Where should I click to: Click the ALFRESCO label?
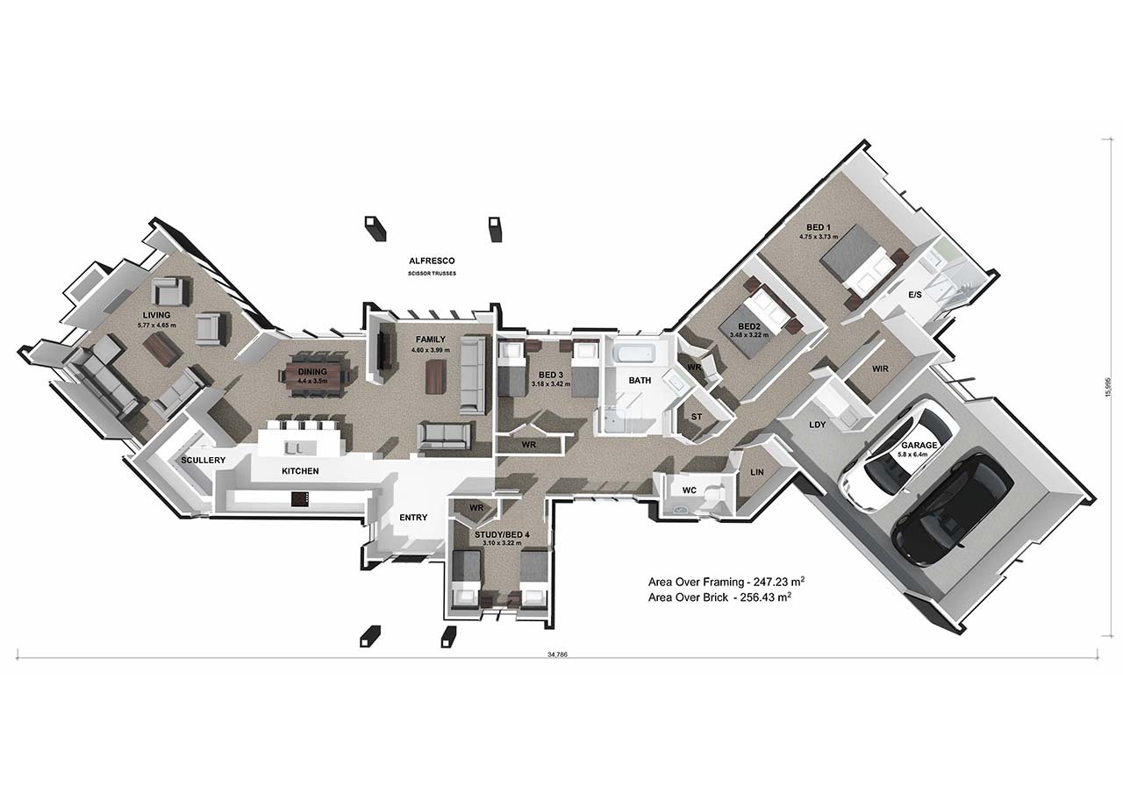pyautogui.click(x=431, y=261)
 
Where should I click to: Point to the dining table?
pyautogui.click(x=316, y=376)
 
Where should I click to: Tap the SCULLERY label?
pyautogui.click(x=204, y=461)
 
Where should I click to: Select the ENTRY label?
pyautogui.click(x=413, y=518)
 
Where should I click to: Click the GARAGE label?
pyautogui.click(x=919, y=446)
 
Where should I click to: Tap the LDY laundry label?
pyautogui.click(x=818, y=425)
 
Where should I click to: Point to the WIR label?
pyautogui.click(x=880, y=369)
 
